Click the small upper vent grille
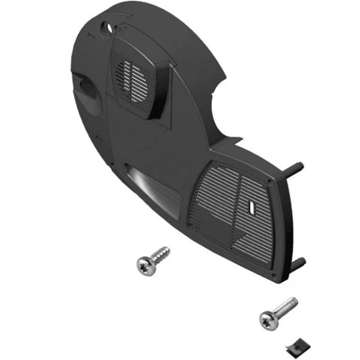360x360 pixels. pyautogui.click(x=133, y=81)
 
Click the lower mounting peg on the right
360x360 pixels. pyautogui.click(x=298, y=264)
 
